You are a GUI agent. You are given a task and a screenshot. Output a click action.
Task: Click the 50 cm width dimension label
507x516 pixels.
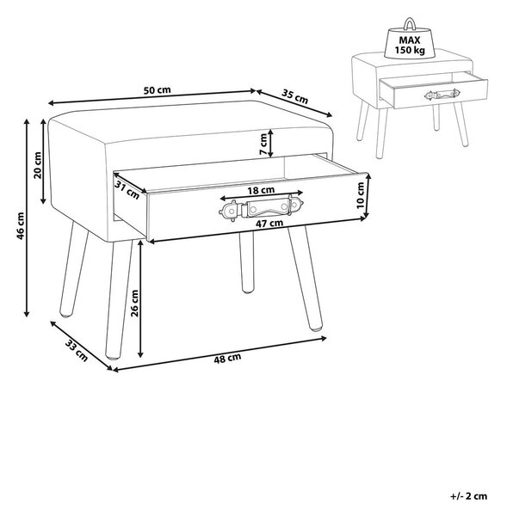pyautogui.click(x=158, y=89)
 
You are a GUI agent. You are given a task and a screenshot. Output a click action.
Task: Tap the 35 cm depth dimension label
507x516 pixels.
pyautogui.click(x=295, y=95)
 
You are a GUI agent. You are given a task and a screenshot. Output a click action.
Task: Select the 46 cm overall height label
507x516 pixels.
pyautogui.click(x=21, y=225)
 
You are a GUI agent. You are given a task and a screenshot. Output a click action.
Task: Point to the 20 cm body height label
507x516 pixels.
pyautogui.click(x=38, y=165)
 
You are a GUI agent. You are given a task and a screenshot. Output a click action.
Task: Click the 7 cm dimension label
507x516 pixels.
pyautogui.click(x=263, y=144)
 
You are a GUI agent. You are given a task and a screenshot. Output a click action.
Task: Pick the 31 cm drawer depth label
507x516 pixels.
pyautogui.click(x=127, y=190)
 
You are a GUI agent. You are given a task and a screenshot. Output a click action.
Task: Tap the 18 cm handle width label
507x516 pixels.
pyautogui.click(x=261, y=190)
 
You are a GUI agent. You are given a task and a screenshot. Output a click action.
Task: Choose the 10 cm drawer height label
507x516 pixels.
pyautogui.click(x=361, y=195)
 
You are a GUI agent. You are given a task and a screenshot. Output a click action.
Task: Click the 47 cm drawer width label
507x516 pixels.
pyautogui.click(x=269, y=223)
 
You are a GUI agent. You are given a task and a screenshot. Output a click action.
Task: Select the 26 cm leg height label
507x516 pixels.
pyautogui.click(x=135, y=303)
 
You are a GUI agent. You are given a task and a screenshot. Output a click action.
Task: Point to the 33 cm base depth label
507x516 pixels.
pyautogui.click(x=77, y=351)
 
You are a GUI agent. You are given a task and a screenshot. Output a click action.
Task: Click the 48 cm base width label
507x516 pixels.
pyautogui.click(x=227, y=358)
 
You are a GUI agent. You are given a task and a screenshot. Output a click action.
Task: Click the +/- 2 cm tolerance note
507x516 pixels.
pyautogui.click(x=468, y=496)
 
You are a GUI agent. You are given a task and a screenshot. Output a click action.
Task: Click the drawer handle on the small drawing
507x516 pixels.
pyautogui.click(x=442, y=95)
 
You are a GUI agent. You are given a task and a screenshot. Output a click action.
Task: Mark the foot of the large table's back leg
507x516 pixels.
pyautogui.click(x=247, y=290)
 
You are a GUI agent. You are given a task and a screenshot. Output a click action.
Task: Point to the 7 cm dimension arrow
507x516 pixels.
pyautogui.click(x=270, y=143)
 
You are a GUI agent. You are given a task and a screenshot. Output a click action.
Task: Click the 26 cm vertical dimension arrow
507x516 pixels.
pyautogui.click(x=140, y=298)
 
